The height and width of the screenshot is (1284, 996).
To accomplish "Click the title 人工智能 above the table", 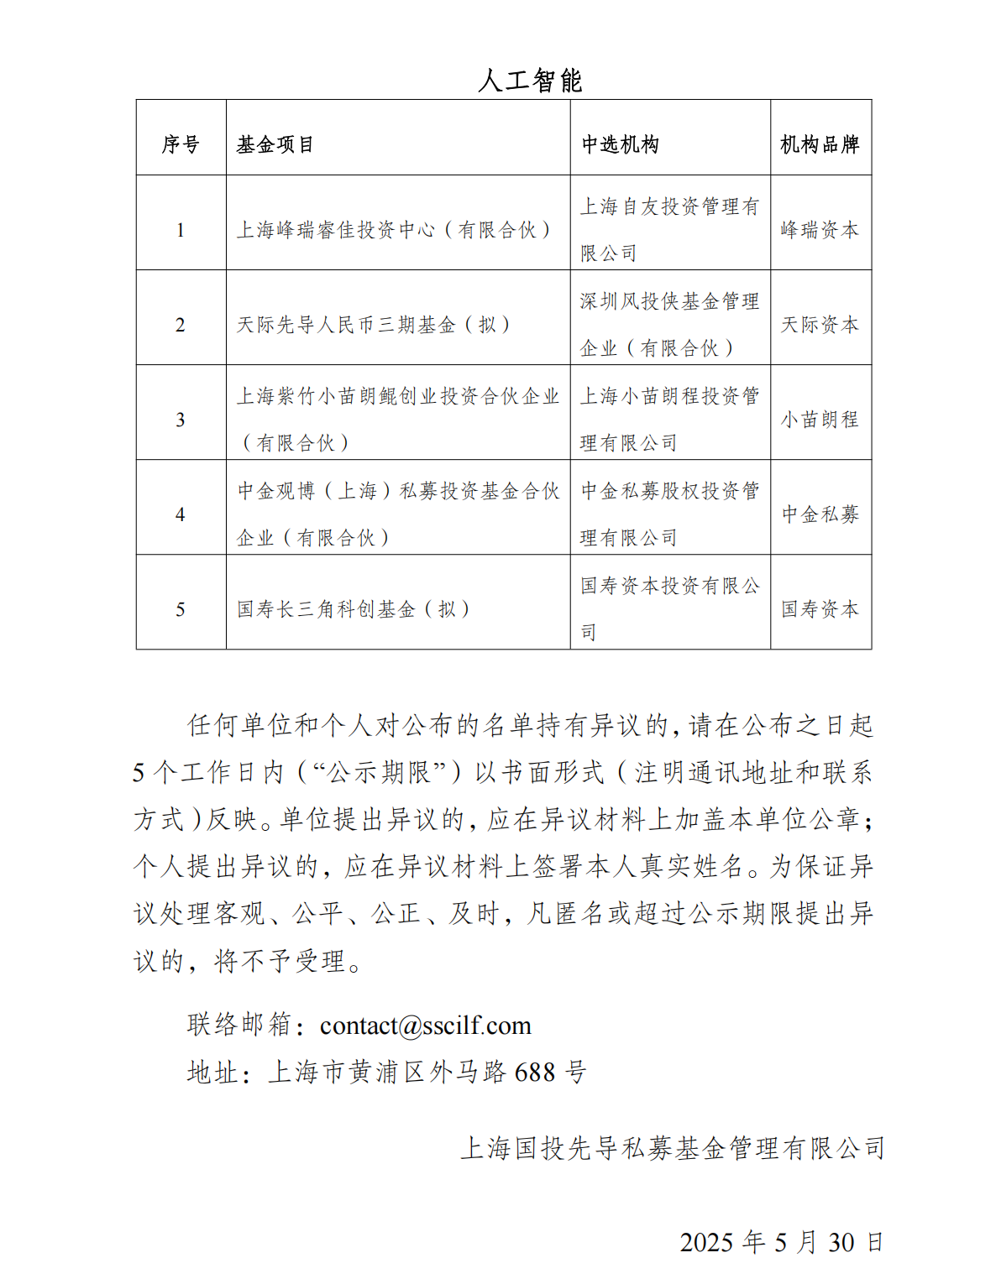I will coord(530,81).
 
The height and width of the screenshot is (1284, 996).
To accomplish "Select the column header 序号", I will coord(181,144).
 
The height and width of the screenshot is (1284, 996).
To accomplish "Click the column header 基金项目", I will coord(275,144).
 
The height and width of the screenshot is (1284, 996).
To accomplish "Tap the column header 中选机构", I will coord(621,144).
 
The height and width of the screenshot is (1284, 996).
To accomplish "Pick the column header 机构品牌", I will coord(820,144).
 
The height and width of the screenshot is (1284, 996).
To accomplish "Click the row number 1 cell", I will coord(181,230).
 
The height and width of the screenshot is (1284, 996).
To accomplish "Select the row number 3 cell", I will coord(181,420).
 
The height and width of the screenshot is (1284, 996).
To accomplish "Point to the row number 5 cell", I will coord(181,609).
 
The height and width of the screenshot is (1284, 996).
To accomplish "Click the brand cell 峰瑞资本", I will coord(820,230).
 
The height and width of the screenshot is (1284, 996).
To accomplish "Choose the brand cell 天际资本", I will coord(820,325).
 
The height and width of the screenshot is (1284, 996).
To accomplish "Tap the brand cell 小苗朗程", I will coord(820,420).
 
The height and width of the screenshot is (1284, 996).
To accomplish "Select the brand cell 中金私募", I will coord(820,514).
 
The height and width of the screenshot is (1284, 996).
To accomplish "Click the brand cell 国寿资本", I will coord(820,609).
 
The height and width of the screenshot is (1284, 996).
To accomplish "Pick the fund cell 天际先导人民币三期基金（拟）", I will coord(374,325).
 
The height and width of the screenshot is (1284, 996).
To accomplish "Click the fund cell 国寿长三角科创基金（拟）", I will coord(353,609).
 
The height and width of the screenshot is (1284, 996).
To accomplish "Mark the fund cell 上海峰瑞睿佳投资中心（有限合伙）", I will coord(394,230).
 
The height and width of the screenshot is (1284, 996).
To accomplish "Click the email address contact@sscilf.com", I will coord(426,1026).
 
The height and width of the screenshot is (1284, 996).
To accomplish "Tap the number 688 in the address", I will coord(535,1073).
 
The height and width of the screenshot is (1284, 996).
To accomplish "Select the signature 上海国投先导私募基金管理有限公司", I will coord(672,1148).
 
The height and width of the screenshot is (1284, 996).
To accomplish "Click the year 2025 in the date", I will coord(705,1242).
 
